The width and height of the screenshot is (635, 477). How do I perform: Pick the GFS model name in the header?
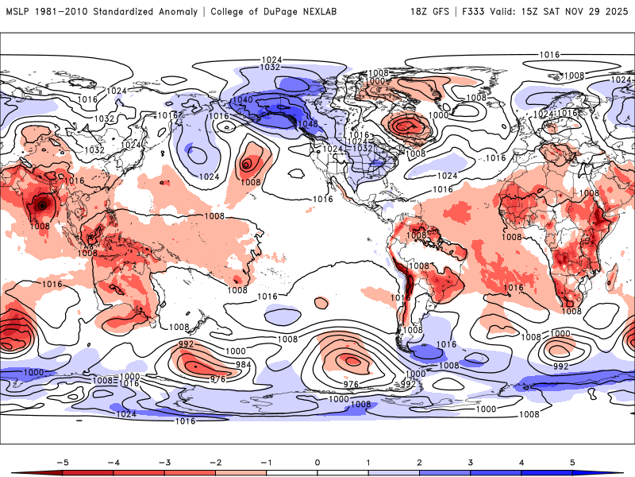pyautogui.click(x=446, y=12)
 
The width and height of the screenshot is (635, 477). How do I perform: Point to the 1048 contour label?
pyautogui.click(x=306, y=124)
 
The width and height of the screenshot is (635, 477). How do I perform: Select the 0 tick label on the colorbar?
pyautogui.click(x=317, y=461)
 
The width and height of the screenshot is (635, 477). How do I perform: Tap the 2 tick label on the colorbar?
pyautogui.click(x=420, y=461)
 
